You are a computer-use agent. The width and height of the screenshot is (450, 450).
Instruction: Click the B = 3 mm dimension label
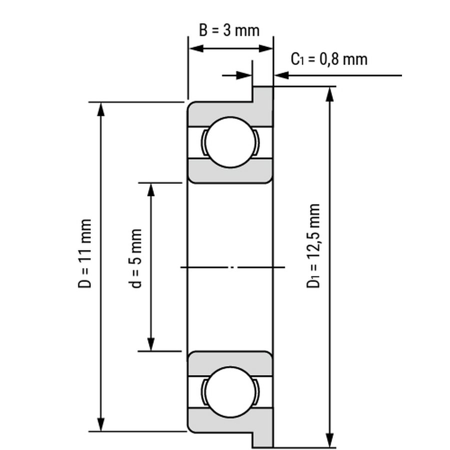(x=229, y=30)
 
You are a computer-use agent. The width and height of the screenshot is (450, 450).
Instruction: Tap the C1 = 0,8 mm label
(x=329, y=59)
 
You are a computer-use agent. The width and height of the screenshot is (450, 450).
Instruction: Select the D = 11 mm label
(x=85, y=253)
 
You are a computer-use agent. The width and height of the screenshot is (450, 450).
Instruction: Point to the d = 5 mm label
(x=135, y=258)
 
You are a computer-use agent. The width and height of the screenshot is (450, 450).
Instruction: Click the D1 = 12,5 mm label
(x=313, y=245)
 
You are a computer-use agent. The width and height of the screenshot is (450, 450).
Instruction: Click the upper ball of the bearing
(x=230, y=142)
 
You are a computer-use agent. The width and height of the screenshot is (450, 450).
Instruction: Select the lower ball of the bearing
(x=230, y=392)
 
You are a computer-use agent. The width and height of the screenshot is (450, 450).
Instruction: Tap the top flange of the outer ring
(x=262, y=105)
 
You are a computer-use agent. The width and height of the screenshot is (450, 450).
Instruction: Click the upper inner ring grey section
(x=230, y=171)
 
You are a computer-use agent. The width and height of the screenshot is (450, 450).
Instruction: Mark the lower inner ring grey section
(x=230, y=363)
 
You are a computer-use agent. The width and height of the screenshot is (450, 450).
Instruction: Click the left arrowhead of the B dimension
(x=196, y=48)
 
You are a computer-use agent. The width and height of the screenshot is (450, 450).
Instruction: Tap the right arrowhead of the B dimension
(x=265, y=48)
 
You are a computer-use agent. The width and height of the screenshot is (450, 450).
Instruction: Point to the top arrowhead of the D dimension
(x=100, y=109)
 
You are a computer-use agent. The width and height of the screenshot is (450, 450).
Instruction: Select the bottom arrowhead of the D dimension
(x=100, y=424)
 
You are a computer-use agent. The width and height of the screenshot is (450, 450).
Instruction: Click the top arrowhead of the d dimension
(x=151, y=190)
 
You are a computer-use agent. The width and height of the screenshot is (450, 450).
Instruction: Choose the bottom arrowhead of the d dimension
(x=151, y=344)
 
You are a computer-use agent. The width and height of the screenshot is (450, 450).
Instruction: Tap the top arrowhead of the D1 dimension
(x=330, y=94)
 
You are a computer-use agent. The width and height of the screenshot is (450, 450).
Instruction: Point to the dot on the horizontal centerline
(x=232, y=267)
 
